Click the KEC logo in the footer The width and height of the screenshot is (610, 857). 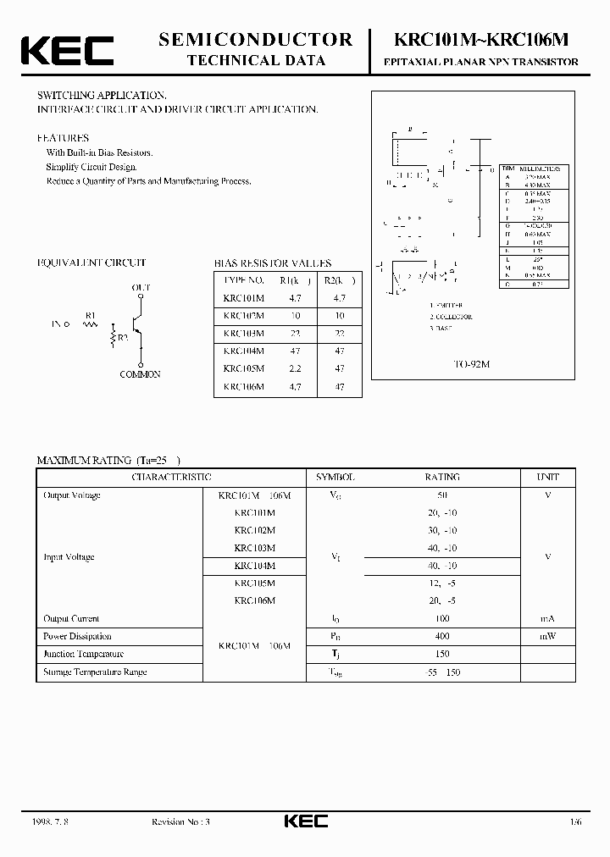(x=304, y=821)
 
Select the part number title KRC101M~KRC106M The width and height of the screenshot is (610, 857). (x=481, y=40)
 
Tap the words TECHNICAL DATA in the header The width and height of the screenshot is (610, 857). (x=256, y=60)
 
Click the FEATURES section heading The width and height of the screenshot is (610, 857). (x=63, y=137)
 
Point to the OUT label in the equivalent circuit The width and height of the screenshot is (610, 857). (x=141, y=288)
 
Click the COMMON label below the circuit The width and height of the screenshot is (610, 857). (x=140, y=374)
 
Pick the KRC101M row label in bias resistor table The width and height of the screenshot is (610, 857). (x=243, y=298)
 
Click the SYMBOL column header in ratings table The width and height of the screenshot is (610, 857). (x=335, y=478)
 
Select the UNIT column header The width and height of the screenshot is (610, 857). (x=548, y=478)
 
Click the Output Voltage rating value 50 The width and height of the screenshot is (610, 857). (x=442, y=495)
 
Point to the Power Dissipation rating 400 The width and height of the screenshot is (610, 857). (x=442, y=636)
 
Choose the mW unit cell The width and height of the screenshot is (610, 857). (x=548, y=636)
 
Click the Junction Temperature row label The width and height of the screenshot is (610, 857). (x=84, y=654)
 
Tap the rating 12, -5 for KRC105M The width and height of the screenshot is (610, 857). (x=442, y=583)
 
